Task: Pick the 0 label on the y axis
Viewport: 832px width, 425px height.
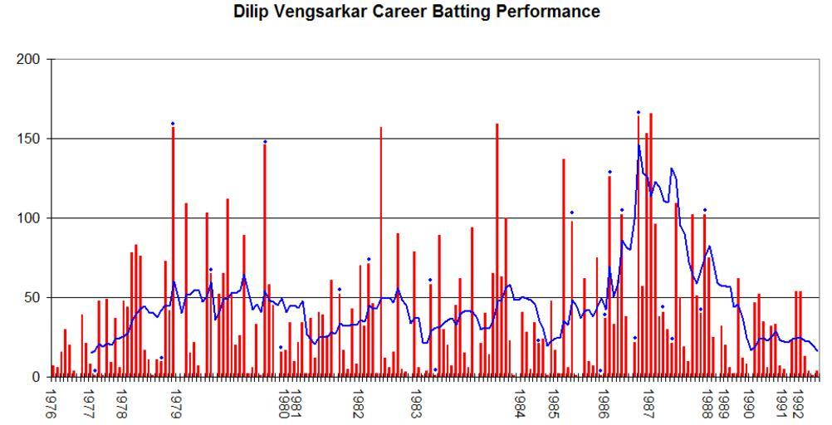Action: [x=41, y=377]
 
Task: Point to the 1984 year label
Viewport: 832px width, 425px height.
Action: [x=520, y=403]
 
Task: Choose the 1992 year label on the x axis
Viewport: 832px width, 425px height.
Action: [x=800, y=403]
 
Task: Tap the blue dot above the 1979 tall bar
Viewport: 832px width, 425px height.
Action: [x=173, y=124]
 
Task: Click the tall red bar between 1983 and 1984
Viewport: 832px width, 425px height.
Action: [x=497, y=250]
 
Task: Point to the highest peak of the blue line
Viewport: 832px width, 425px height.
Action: [x=639, y=145]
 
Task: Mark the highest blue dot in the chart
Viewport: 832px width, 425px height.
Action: [x=639, y=112]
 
